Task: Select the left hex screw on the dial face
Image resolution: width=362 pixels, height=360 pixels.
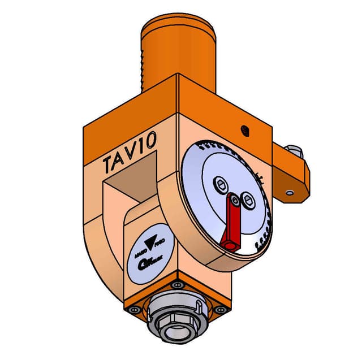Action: pyautogui.click(x=221, y=184)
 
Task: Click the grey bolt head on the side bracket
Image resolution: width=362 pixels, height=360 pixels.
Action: pyautogui.click(x=292, y=150)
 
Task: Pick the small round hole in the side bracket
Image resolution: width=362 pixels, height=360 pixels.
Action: pyautogui.click(x=291, y=193)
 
